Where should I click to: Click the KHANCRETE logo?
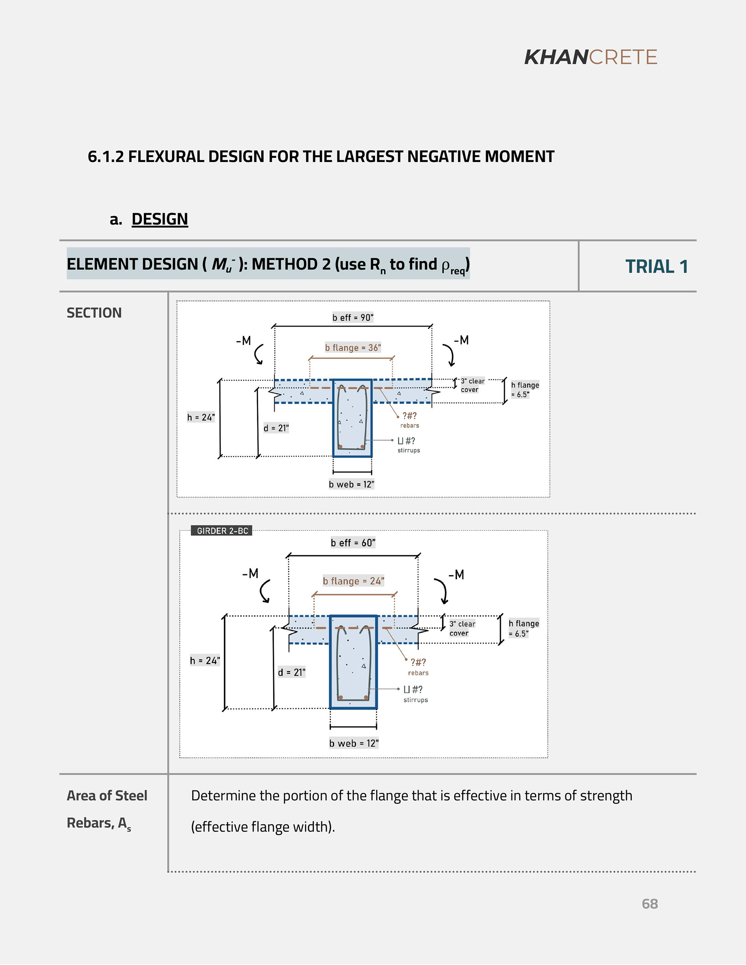(x=590, y=57)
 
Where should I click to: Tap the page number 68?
(x=650, y=904)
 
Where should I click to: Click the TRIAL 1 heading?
(x=656, y=266)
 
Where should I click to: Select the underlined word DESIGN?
(x=160, y=219)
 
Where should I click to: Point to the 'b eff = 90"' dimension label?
(x=353, y=317)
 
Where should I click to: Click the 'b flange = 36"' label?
(x=353, y=348)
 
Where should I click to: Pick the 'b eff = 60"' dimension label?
(x=353, y=542)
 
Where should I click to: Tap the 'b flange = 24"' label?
(x=353, y=581)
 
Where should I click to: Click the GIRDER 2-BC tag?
(x=222, y=531)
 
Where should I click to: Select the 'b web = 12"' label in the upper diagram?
(x=351, y=484)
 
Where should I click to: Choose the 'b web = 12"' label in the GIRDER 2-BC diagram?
(x=354, y=743)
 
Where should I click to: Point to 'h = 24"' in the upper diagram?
(x=201, y=417)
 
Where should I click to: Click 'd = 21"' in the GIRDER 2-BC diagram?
(x=291, y=673)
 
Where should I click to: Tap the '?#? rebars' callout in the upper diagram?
(x=410, y=420)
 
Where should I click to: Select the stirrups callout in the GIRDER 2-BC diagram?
(x=415, y=694)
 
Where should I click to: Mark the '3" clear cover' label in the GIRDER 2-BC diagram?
(x=462, y=628)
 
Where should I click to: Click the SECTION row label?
(x=94, y=313)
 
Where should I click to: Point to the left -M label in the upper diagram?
(x=243, y=341)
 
